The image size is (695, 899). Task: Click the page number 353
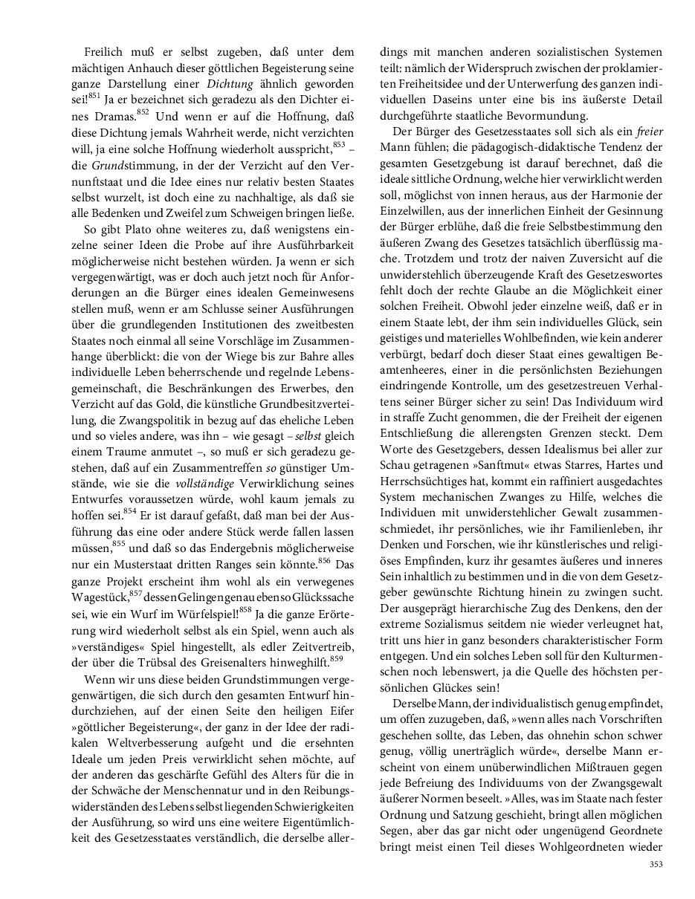pyautogui.click(x=656, y=864)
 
